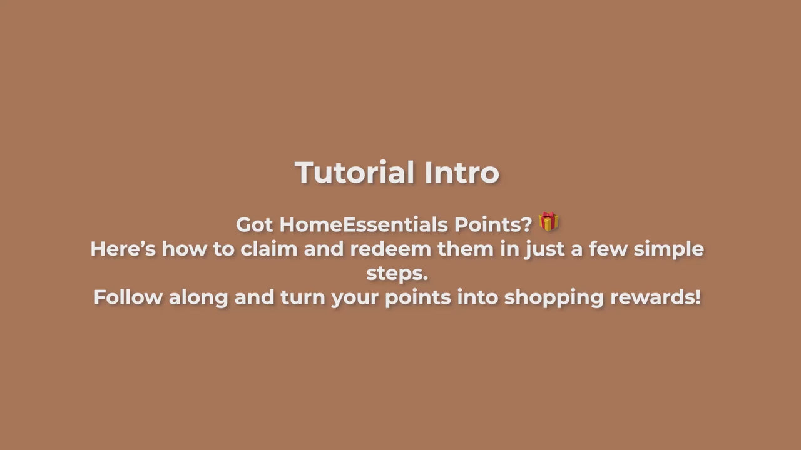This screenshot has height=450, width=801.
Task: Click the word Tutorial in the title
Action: pos(354,172)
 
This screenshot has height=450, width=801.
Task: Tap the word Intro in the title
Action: pos(462,172)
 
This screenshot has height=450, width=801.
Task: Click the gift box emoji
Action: pos(549,221)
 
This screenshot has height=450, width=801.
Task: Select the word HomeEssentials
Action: pos(364,224)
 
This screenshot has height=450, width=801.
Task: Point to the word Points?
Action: pos(493,224)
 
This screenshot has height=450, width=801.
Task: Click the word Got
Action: pos(254,225)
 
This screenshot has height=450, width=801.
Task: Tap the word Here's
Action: pos(123,249)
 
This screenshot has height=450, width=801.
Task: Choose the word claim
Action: pos(269,249)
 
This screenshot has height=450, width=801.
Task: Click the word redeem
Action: pos(390,249)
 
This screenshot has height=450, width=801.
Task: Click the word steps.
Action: pos(397,274)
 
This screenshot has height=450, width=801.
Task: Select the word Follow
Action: pos(128,297)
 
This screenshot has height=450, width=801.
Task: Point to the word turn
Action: pos(303,297)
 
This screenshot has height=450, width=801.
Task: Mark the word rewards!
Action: pos(656,297)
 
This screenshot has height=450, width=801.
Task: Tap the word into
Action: pos(477,297)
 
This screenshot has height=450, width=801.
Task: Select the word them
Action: pos(466,249)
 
